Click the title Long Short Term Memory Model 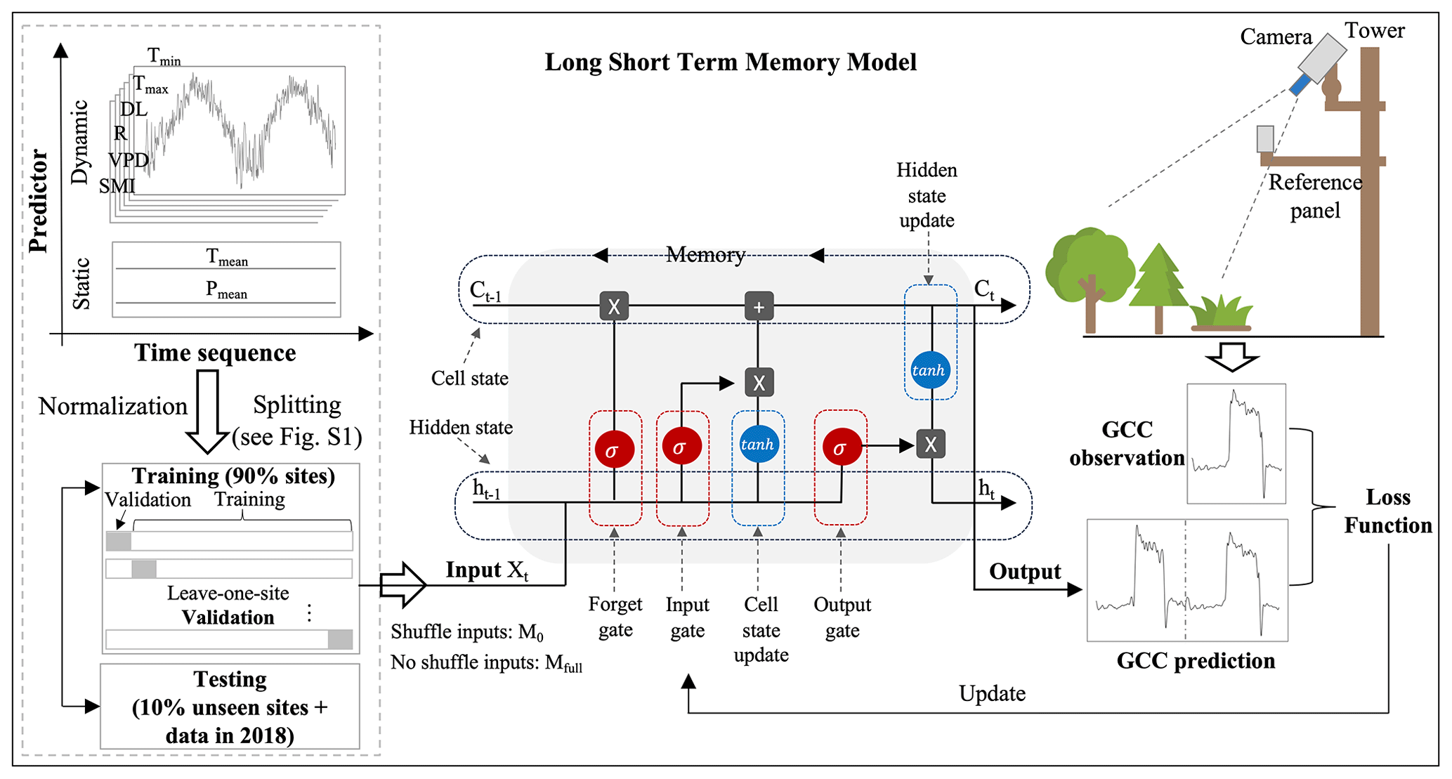pyautogui.click(x=731, y=63)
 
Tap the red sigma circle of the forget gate pyautogui.click(x=615, y=450)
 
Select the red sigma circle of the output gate pyautogui.click(x=841, y=447)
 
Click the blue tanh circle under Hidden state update pyautogui.click(x=930, y=370)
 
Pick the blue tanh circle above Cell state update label pyautogui.click(x=758, y=444)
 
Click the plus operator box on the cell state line pyautogui.click(x=759, y=306)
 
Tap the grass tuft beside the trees pyautogui.click(x=1222, y=313)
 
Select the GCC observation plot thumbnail pyautogui.click(x=1236, y=443)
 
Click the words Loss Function pyautogui.click(x=1387, y=511)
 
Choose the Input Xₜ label pyautogui.click(x=486, y=570)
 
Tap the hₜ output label pyautogui.click(x=986, y=489)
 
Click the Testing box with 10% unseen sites pyautogui.click(x=230, y=707)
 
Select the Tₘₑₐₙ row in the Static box pyautogui.click(x=226, y=257)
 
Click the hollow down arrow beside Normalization pyautogui.click(x=207, y=412)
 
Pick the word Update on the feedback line pyautogui.click(x=992, y=693)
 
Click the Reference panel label pyautogui.click(x=1315, y=196)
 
